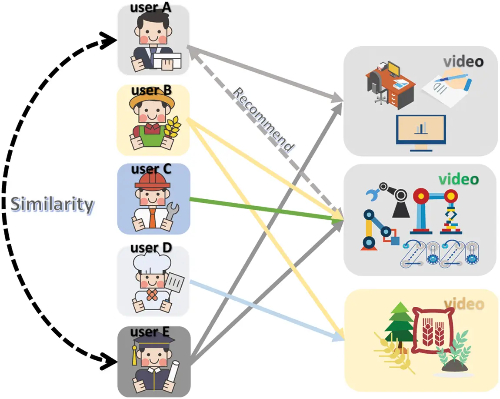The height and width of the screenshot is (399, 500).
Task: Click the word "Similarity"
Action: (x=52, y=205)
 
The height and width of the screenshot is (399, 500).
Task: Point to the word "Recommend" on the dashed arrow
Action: (x=263, y=120)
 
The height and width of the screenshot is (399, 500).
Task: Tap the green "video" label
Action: (x=458, y=179)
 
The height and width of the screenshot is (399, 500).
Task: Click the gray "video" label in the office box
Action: (x=463, y=61)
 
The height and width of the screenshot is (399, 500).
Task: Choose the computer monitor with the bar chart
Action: (x=420, y=131)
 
